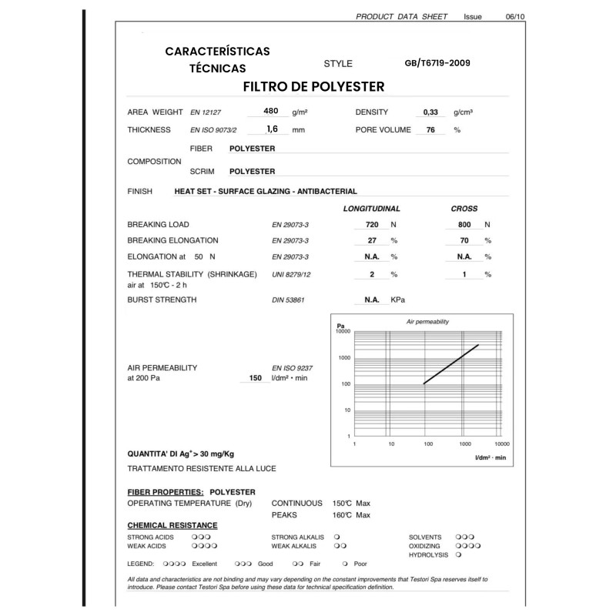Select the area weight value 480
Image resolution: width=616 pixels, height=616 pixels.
[x=270, y=111]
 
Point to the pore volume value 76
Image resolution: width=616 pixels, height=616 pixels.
[x=430, y=130]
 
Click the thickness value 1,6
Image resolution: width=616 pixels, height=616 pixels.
[x=271, y=129]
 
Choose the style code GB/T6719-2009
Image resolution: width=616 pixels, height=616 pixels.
[x=437, y=63]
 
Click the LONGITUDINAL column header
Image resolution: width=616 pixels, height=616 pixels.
[x=370, y=209]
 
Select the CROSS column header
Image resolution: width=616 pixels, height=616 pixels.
[x=464, y=209]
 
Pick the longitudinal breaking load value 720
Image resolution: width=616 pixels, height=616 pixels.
[x=372, y=225]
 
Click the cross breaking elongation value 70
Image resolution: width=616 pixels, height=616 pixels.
[x=464, y=241]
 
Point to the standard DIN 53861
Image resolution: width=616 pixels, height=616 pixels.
[x=288, y=300]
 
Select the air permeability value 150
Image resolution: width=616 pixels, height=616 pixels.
[x=255, y=378]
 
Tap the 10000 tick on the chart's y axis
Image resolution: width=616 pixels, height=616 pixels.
[x=343, y=331]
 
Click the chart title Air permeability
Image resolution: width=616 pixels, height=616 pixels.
[x=427, y=321]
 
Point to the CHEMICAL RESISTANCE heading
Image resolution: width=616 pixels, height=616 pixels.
[x=172, y=525]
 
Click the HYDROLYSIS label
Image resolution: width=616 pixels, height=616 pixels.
[x=427, y=554]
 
